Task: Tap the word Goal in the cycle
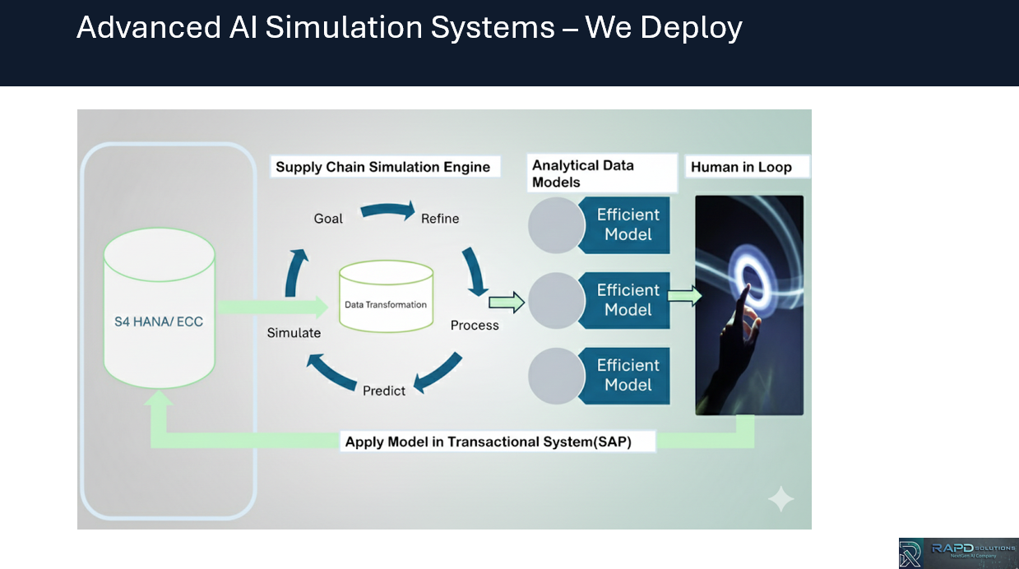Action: [328, 219]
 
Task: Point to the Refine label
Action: [440, 219]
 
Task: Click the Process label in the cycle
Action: [475, 326]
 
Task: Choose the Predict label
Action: [384, 391]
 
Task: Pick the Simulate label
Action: [294, 333]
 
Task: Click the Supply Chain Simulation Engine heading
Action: [383, 167]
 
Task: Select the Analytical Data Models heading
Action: [583, 173]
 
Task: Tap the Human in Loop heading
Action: [741, 167]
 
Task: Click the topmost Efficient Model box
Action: [628, 224]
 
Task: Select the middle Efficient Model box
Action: [628, 300]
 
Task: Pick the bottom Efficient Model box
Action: [628, 375]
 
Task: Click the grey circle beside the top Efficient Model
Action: [556, 225]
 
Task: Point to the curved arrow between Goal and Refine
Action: [387, 211]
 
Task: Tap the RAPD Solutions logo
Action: [958, 553]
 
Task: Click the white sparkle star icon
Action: [780, 499]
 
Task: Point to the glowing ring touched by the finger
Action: [752, 275]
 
